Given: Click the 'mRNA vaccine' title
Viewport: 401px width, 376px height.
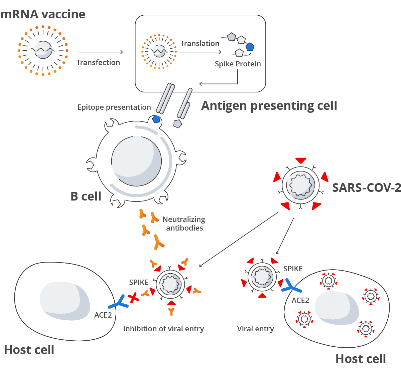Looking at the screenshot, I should [43, 14].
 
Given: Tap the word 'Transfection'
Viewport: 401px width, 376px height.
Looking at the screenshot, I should [98, 62].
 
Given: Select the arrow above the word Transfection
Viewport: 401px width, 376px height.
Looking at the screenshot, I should [100, 52].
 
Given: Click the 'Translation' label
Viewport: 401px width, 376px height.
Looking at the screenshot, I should [200, 43].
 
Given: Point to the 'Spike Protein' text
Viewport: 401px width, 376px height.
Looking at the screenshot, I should [238, 64].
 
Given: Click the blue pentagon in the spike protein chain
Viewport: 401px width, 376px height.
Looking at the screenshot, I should [250, 47].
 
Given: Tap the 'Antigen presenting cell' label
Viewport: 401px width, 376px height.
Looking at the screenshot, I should [269, 105].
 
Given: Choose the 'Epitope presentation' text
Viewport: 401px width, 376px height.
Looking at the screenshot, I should [114, 107].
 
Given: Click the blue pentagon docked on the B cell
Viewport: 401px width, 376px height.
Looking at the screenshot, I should [156, 119].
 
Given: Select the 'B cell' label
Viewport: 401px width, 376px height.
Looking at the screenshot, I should [86, 196].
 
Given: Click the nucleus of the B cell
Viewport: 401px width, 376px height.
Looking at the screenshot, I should [136, 161].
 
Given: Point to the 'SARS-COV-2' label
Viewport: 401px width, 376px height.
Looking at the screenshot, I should [366, 188].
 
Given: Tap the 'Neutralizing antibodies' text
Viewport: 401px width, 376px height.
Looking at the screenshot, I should [184, 224].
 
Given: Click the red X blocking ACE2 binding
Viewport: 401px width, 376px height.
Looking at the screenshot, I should [133, 297].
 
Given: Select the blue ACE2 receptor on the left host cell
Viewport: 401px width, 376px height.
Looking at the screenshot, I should [118, 302].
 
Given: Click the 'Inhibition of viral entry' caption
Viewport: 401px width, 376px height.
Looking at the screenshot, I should [163, 329].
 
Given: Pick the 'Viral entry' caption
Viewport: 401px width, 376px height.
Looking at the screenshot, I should [255, 329].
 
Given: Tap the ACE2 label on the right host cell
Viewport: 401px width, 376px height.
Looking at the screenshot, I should [300, 300].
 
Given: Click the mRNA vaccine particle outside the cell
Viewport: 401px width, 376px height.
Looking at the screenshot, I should [43, 50].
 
